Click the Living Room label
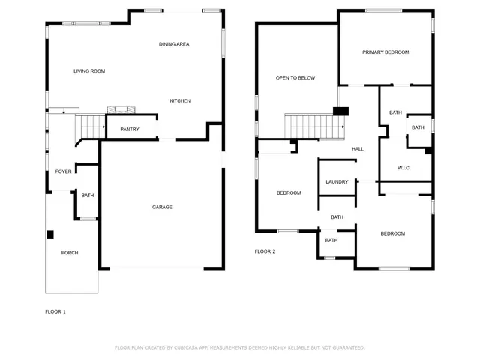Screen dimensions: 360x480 coord(88,71)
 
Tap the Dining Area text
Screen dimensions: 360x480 coord(173,44)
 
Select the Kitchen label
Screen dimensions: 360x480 coord(179,101)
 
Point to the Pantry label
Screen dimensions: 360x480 coord(130,130)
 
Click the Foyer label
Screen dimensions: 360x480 coord(63,172)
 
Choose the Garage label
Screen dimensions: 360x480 coord(162,207)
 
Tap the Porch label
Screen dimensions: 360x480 coord(69,253)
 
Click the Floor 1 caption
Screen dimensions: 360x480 coord(55,310)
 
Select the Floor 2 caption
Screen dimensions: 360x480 coord(265,251)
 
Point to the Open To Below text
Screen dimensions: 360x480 coord(295,78)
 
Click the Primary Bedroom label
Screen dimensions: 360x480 coord(385,52)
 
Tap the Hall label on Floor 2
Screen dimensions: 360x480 coord(358,149)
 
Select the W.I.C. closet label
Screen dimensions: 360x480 coord(403,168)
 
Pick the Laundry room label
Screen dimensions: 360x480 coord(336,182)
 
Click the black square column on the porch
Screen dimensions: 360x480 coord(50,235)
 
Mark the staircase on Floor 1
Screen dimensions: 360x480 coord(90,127)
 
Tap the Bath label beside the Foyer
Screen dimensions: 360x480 coord(88,196)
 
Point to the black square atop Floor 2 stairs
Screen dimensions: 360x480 coord(340,111)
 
